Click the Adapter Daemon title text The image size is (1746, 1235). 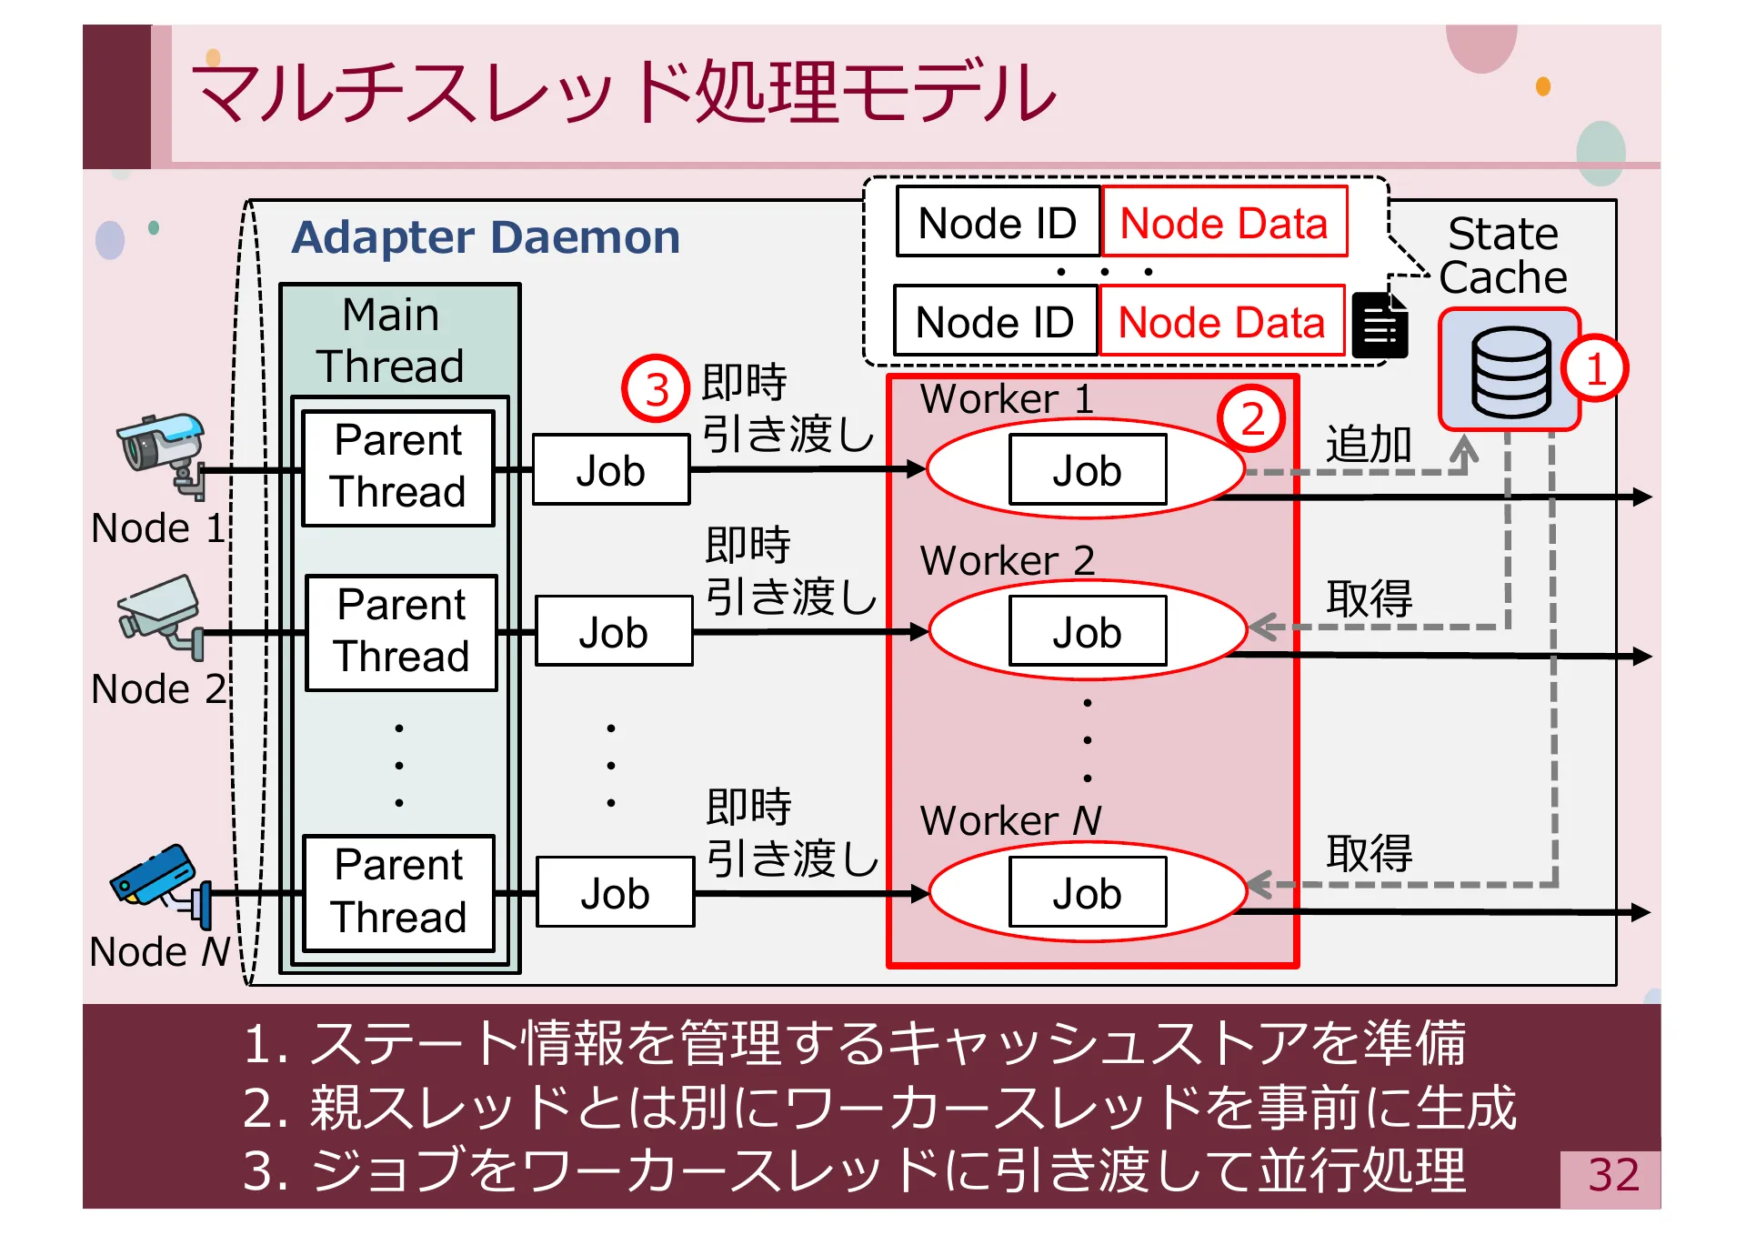[486, 238]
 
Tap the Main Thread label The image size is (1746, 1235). [391, 341]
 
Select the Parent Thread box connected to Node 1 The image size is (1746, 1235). [398, 467]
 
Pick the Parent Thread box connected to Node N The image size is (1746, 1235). [398, 892]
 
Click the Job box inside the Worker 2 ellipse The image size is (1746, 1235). [1087, 632]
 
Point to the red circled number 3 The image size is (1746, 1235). [656, 389]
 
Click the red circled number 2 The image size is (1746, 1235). [1251, 419]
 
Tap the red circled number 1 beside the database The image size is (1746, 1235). [1594, 369]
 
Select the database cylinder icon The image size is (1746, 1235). [1510, 371]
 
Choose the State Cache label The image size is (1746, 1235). [1503, 256]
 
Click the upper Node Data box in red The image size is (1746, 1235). [1223, 223]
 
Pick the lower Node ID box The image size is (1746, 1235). [995, 322]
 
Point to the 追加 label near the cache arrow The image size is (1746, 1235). [1368, 445]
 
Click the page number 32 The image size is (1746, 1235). [1612, 1175]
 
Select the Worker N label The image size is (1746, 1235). [1009, 820]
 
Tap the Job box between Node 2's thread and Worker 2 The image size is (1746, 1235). [614, 632]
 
